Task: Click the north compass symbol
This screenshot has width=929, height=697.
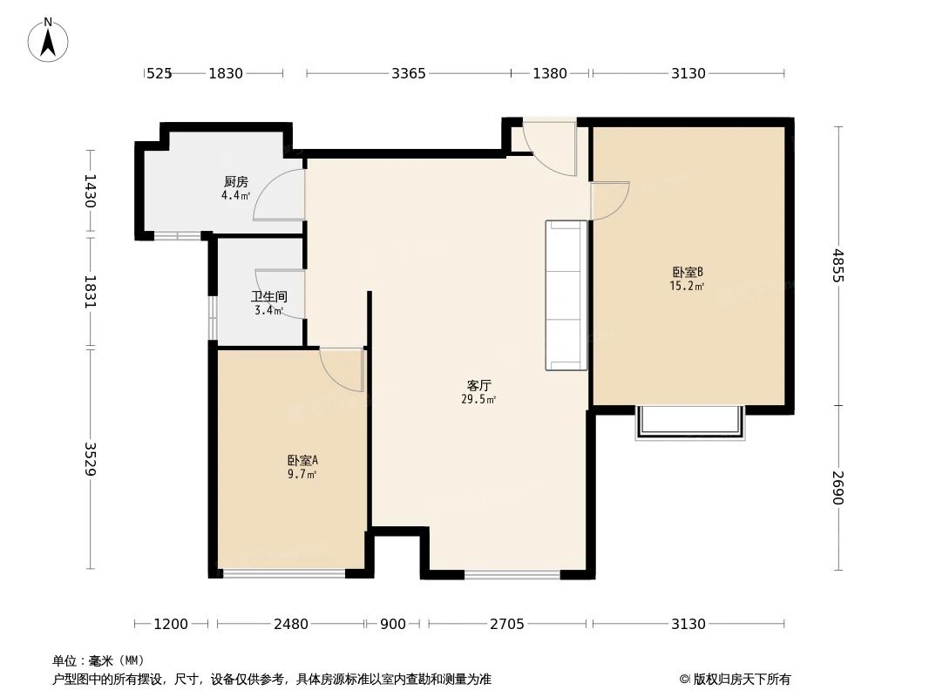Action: pyautogui.click(x=49, y=39)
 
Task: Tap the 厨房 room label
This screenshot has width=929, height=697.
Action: pyautogui.click(x=235, y=182)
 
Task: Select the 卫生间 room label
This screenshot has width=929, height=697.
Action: pyautogui.click(x=268, y=296)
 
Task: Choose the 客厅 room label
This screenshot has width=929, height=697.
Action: pyautogui.click(x=478, y=385)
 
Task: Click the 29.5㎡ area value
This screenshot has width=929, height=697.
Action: pyautogui.click(x=478, y=400)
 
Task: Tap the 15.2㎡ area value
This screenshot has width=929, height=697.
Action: pyautogui.click(x=687, y=285)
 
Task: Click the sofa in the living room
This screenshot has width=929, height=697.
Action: pyautogui.click(x=566, y=295)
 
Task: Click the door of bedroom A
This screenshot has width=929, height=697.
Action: pyautogui.click(x=342, y=369)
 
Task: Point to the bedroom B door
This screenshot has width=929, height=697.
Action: pyautogui.click(x=609, y=200)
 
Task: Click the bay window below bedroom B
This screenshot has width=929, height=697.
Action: pyautogui.click(x=690, y=423)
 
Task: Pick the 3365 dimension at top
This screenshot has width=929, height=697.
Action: pyautogui.click(x=408, y=74)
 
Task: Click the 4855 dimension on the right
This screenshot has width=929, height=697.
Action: pyautogui.click(x=837, y=266)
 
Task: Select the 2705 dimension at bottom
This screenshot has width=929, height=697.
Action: pyautogui.click(x=506, y=624)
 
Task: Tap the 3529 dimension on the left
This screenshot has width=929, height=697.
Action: pyautogui.click(x=90, y=459)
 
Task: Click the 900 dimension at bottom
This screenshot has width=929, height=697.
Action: pyautogui.click(x=393, y=624)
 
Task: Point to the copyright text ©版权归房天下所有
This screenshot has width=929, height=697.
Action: pyautogui.click(x=735, y=679)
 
